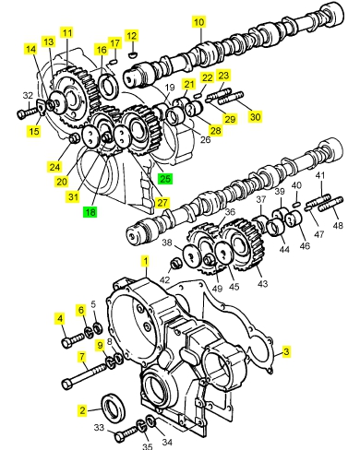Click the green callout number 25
165,178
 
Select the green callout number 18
90,212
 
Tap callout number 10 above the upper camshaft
199,22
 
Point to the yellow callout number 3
286,351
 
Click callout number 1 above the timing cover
146,261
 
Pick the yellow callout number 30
255,116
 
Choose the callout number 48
338,225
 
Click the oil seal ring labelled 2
114,408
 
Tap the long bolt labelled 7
84,375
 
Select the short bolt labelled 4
73,340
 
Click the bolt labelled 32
28,112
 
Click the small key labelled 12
132,55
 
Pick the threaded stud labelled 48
331,205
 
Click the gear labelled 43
245,245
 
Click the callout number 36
230,212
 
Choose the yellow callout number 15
34,131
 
